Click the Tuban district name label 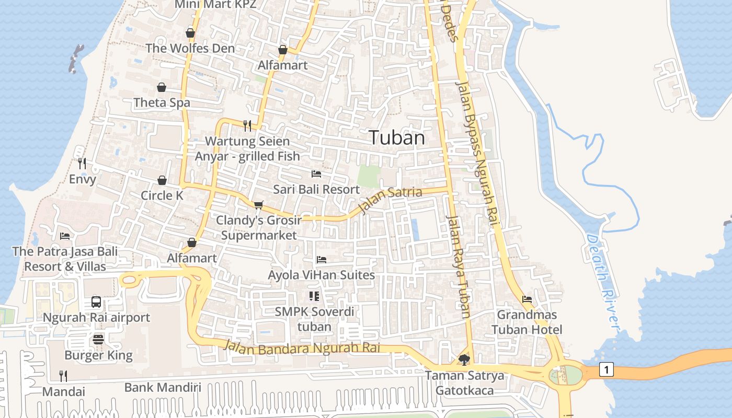click(397, 137)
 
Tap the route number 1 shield click(606, 370)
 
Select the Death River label click(604, 282)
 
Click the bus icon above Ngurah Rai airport click(96, 301)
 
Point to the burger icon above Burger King click(98, 340)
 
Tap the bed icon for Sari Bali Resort click(316, 173)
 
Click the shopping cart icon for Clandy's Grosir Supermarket click(258, 204)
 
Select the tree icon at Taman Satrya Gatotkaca click(464, 359)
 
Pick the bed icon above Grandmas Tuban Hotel click(527, 299)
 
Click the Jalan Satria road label click(390, 200)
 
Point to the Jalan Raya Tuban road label click(459, 266)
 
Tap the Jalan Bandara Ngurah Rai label click(308, 347)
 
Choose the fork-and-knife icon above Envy click(82, 164)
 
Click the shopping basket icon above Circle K click(162, 180)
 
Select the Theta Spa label click(162, 102)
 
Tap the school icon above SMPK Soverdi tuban click(314, 296)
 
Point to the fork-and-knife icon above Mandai click(63, 376)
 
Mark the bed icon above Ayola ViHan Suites click(321, 259)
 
